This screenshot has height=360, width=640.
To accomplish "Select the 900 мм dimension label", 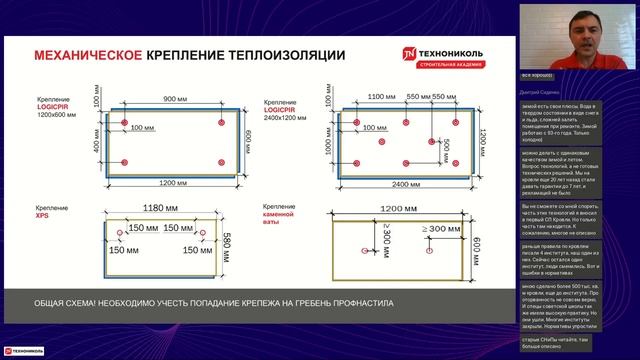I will click(176, 99).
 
